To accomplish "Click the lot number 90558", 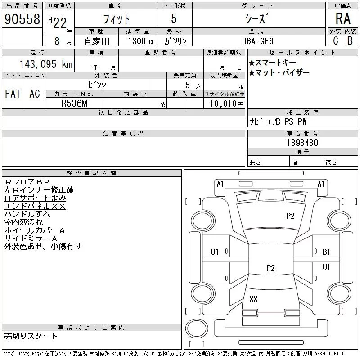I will (x=21, y=18).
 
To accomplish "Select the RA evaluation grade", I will (x=342, y=18).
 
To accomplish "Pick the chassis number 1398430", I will (x=302, y=143).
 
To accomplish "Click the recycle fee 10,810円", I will (x=224, y=103).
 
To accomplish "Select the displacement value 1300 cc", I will (x=138, y=41).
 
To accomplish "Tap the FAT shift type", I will (x=13, y=94).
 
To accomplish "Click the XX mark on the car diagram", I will (x=253, y=299).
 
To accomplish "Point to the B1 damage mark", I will (x=326, y=252).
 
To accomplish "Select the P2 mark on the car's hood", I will (x=291, y=216).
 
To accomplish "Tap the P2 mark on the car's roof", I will (x=270, y=268).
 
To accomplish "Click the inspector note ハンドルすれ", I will (x=27, y=214).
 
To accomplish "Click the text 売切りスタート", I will (x=31, y=336).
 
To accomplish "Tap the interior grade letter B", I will (x=350, y=40).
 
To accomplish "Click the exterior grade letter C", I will (x=335, y=40).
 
